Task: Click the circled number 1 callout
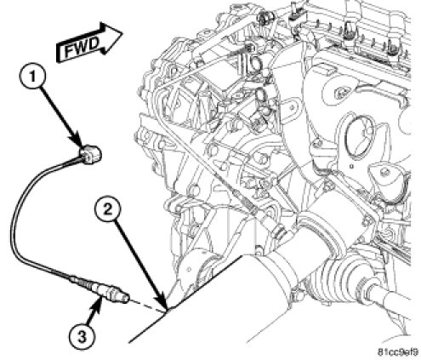[32, 77]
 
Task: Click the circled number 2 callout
[108, 210]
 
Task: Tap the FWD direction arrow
[88, 43]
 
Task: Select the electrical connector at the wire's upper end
[89, 153]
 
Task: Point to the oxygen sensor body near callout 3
[109, 291]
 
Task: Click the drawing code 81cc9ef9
[398, 352]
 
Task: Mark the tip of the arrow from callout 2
[167, 310]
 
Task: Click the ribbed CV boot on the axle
[335, 274]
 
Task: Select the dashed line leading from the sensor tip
[147, 304]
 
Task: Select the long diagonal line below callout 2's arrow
[186, 299]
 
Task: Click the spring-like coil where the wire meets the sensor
[83, 282]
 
